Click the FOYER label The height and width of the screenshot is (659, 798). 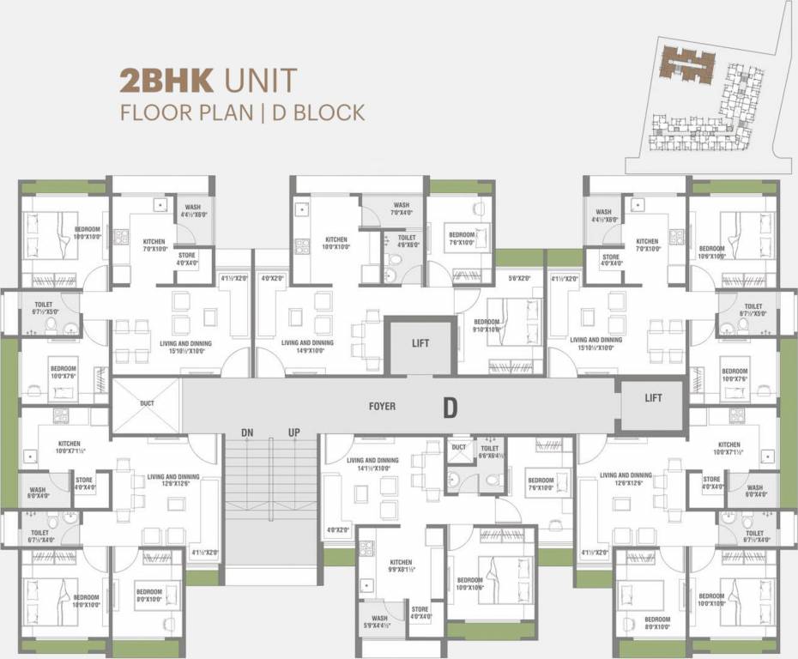coord(382,406)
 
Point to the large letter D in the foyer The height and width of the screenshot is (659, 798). coord(450,408)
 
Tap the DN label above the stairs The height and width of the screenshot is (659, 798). coord(247,432)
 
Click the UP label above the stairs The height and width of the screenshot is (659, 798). coord(294,432)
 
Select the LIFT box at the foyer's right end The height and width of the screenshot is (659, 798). coord(653,398)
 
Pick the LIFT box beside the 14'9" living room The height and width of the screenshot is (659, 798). coord(420,343)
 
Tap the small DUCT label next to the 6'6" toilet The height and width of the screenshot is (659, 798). coord(458,448)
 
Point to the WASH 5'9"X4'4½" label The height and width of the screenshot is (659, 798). coord(379,622)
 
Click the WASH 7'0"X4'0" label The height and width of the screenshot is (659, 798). coord(402,209)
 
